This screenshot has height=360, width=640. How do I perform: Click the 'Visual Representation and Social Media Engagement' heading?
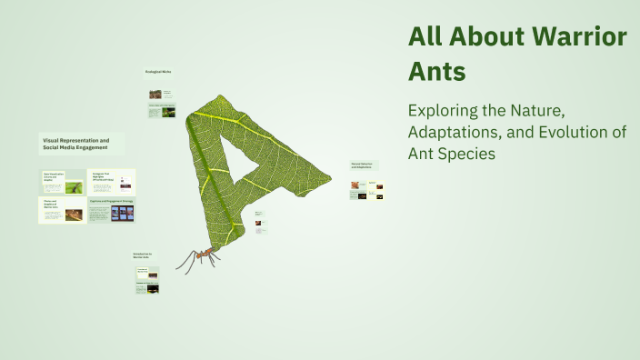tap(76, 145)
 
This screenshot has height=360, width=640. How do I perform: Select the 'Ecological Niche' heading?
tap(157, 71)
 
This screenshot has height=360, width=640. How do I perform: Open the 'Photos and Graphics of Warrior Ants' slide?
tap(63, 211)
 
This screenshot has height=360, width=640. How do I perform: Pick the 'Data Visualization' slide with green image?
tap(63, 182)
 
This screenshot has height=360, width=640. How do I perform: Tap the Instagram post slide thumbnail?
tap(112, 182)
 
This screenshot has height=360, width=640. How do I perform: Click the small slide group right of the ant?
tap(260, 223)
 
